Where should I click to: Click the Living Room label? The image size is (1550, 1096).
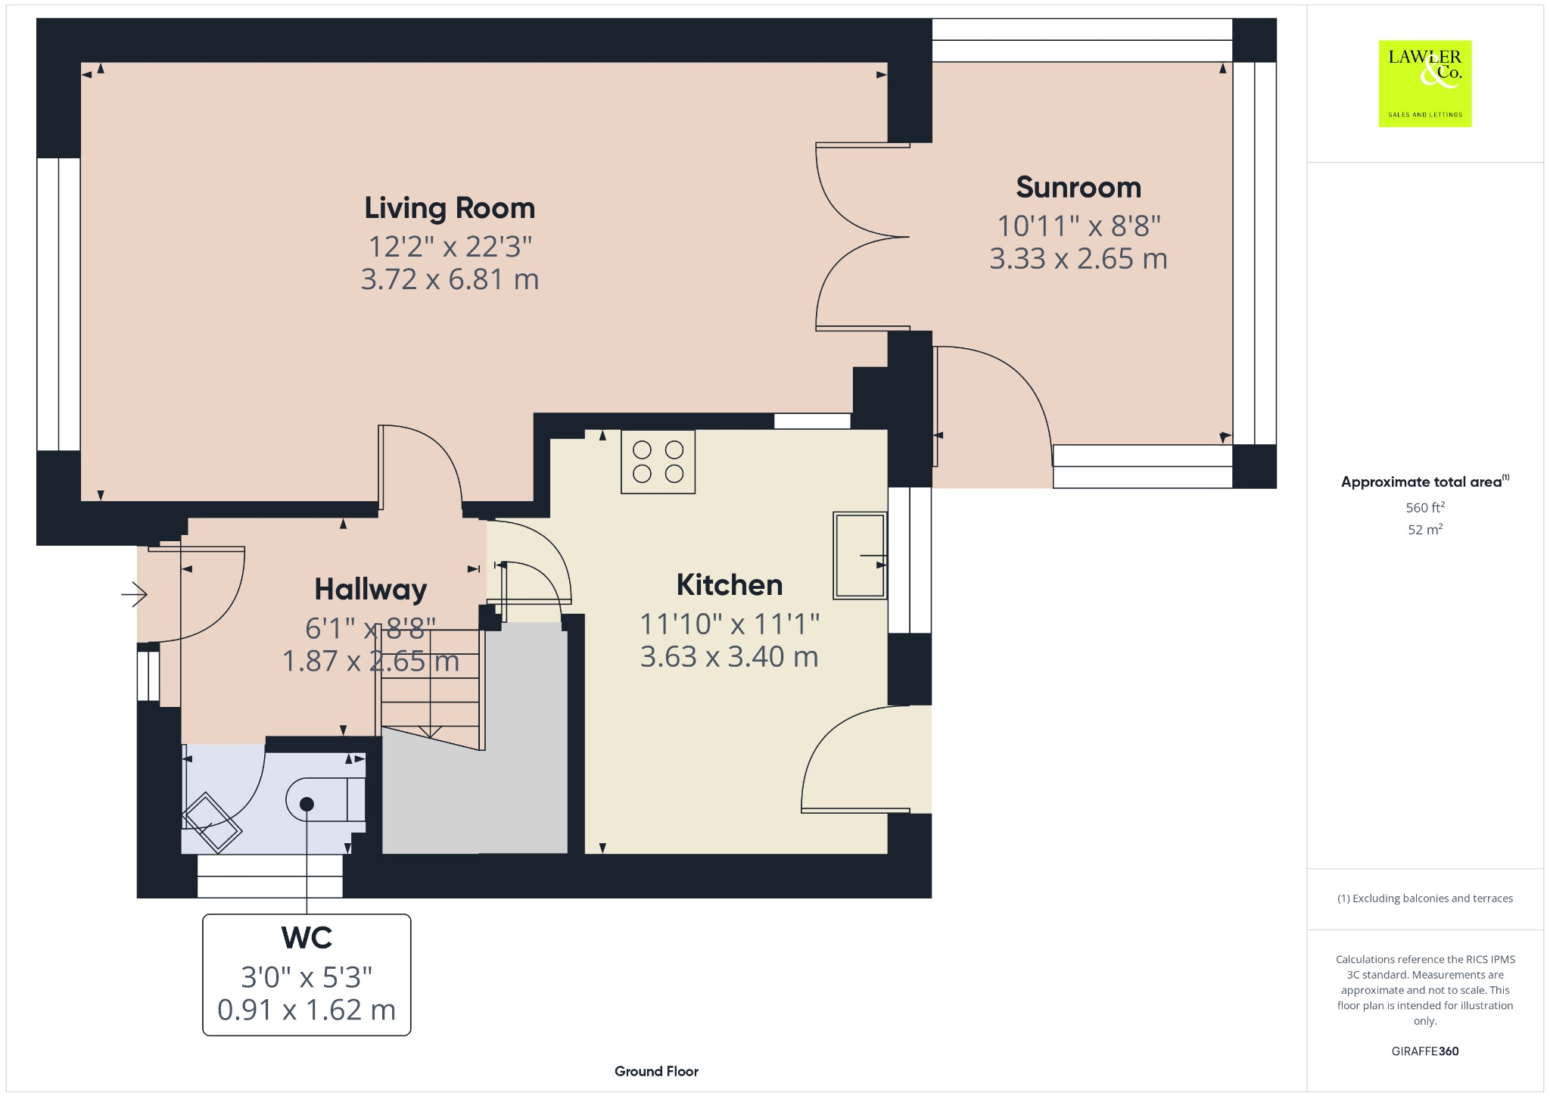point(450,208)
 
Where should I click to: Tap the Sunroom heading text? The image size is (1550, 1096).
point(1078,187)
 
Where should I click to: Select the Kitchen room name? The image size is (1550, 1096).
point(730,585)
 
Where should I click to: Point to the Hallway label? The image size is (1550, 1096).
point(371,590)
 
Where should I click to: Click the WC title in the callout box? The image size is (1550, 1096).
point(307,938)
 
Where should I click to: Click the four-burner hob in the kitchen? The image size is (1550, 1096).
point(658,462)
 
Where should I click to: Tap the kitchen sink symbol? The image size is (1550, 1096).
point(860,555)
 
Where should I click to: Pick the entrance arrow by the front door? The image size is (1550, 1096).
point(134,594)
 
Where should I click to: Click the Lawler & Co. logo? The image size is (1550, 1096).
point(1424,83)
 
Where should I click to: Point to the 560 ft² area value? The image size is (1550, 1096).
point(1424,507)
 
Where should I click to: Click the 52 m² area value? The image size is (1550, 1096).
point(1424,529)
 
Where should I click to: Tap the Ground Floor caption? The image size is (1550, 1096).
point(656,1071)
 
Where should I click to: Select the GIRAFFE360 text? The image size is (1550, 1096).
point(1424,1051)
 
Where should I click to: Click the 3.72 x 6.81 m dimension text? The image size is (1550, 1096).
point(450,279)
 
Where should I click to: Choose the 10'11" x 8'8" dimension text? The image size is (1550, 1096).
point(1078,226)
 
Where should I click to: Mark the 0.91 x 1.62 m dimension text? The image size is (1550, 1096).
point(307,1010)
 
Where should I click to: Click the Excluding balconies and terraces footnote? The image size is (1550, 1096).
point(1424,898)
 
